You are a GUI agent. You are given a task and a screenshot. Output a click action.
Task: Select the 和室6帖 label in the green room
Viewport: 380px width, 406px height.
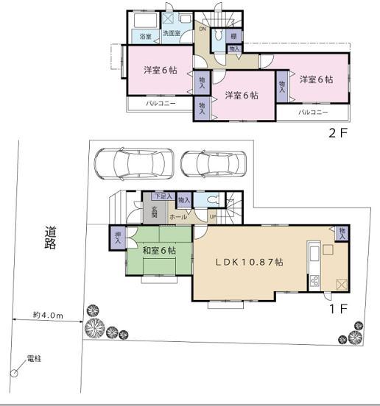point(158,251)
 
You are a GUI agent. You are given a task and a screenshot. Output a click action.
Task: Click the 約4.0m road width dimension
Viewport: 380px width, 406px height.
point(48,315)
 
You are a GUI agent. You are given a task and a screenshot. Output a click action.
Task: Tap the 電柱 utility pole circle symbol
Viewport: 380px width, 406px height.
point(13,374)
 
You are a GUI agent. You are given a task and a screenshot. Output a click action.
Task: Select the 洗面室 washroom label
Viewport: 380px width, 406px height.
point(171,34)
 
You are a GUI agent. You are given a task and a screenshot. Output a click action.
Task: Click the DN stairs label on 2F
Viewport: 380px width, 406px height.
point(203,29)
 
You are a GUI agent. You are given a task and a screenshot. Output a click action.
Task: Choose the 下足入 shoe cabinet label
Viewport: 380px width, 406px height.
point(163,196)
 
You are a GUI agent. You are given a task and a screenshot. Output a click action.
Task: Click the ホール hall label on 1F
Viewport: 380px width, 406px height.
point(178,218)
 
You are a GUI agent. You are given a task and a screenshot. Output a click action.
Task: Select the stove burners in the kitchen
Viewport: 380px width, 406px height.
point(314,280)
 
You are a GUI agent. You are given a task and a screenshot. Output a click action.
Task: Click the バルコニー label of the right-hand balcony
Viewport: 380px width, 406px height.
point(314,113)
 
